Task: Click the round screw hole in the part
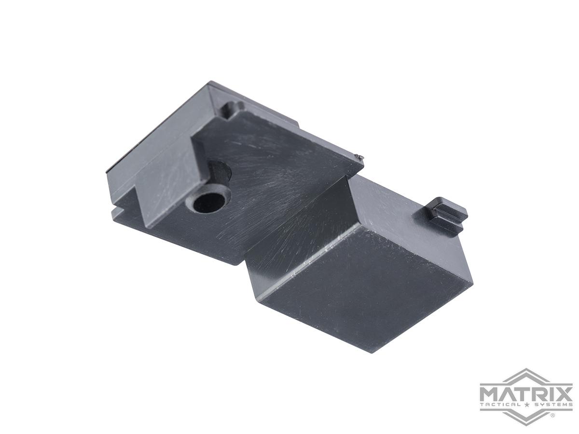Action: click(211, 203)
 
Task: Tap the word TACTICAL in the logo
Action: click(500, 404)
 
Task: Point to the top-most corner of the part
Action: click(208, 81)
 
